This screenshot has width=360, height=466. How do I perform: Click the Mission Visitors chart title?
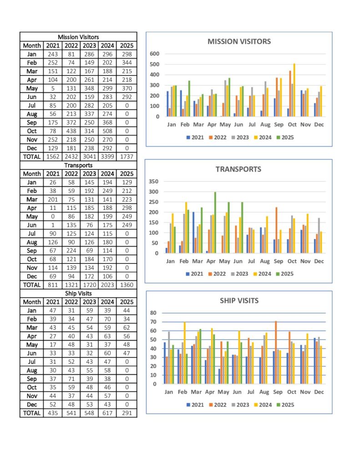pyautogui.click(x=239, y=41)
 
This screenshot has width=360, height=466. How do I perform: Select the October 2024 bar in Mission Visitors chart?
pyautogui.click(x=294, y=90)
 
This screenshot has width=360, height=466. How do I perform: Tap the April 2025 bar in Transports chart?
pyautogui.click(x=215, y=223)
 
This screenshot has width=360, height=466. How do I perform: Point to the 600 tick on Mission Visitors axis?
pyautogui.click(x=155, y=54)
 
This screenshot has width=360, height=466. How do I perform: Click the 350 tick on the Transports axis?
pyautogui.click(x=153, y=181)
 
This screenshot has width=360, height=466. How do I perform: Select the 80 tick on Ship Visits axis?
pyautogui.click(x=153, y=313)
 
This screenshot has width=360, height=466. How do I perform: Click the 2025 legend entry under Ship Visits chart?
pyautogui.click(x=285, y=405)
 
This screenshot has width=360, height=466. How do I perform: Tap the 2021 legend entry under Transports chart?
pyautogui.click(x=195, y=274)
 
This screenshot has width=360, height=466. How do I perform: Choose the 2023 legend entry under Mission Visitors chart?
pyautogui.click(x=240, y=137)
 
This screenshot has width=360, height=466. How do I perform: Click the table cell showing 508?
pyautogui.click(x=107, y=131)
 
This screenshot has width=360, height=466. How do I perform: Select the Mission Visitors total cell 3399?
pyautogui.click(x=107, y=157)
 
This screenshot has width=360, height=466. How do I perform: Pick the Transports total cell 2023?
pyautogui.click(x=107, y=285)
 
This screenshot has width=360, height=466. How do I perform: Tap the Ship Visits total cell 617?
pyautogui.click(x=107, y=413)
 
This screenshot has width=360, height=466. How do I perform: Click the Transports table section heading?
pyautogui.click(x=78, y=165)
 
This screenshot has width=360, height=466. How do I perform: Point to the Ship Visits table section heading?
pyautogui.click(x=78, y=294)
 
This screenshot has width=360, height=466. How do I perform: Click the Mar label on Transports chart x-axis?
pyautogui.click(x=198, y=261)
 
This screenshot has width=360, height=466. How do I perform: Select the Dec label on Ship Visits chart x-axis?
pyautogui.click(x=319, y=392)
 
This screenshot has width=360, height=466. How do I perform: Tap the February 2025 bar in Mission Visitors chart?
pyautogui.click(x=189, y=99)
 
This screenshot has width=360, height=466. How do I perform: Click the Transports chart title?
pyautogui.click(x=238, y=169)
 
